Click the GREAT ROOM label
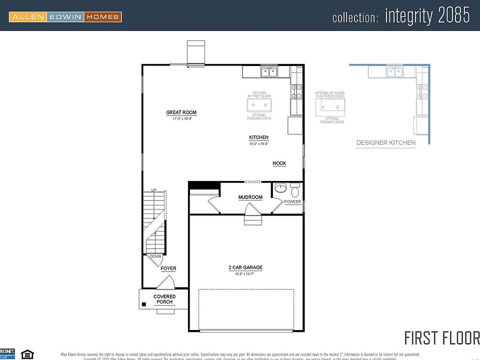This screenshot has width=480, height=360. click(x=181, y=112)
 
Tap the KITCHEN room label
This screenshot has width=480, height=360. click(x=259, y=137)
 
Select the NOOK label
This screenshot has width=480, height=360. click(x=279, y=163)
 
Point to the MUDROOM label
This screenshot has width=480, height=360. click(x=250, y=197)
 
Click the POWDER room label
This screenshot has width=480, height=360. click(x=292, y=202)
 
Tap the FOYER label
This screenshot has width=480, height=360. click(x=168, y=268)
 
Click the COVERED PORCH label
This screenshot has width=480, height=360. click(x=164, y=299)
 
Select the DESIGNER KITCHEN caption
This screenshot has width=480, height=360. click(x=385, y=143)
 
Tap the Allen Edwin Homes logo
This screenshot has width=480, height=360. click(x=65, y=17)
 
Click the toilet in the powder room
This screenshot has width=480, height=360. click(x=294, y=191)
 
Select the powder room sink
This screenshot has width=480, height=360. click(x=279, y=189)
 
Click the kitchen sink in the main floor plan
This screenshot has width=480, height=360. click(x=269, y=72)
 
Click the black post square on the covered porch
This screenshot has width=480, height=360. click(x=143, y=303)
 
